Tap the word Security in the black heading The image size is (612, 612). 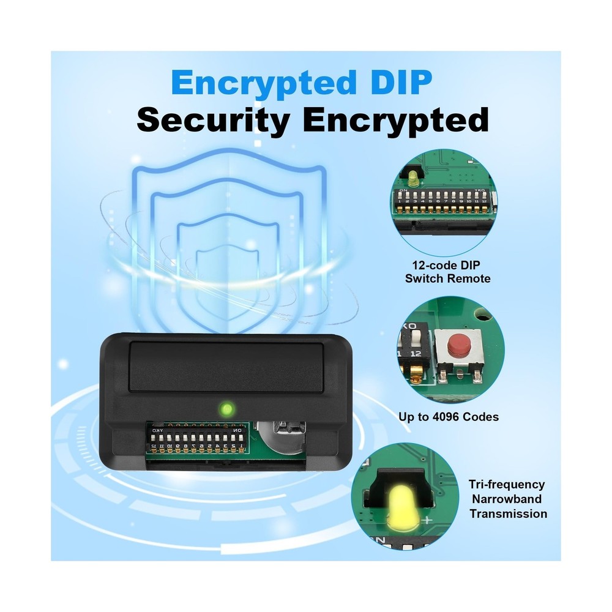pos(214,121)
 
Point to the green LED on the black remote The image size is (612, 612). pos(226,409)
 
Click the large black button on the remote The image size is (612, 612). pos(227,366)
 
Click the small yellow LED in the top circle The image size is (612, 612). pos(413,179)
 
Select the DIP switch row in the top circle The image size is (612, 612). pos(443,201)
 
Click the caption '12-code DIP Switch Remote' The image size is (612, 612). pos(447,272)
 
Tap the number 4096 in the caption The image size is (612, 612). pos(449,417)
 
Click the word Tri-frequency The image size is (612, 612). pos(507,484)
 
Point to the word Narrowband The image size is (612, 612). pos(507,499)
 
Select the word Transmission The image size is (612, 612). pos(508,513)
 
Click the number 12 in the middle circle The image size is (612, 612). pos(416,354)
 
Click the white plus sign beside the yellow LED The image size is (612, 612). pos(428,520)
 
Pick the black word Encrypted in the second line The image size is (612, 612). pos(395,121)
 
